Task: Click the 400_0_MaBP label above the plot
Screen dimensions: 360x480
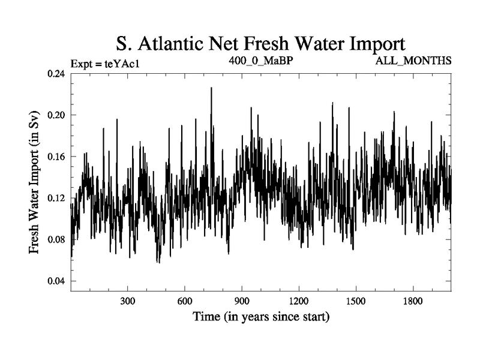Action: pos(260,61)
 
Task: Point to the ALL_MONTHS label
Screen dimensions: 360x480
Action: pos(413,61)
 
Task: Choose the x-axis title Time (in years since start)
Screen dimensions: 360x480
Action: pos(260,317)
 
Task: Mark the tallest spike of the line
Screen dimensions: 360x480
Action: pos(211,88)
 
